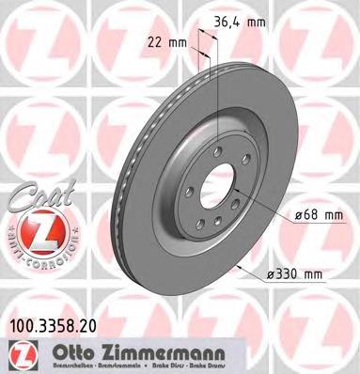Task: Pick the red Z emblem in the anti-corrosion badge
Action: [36, 228]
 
